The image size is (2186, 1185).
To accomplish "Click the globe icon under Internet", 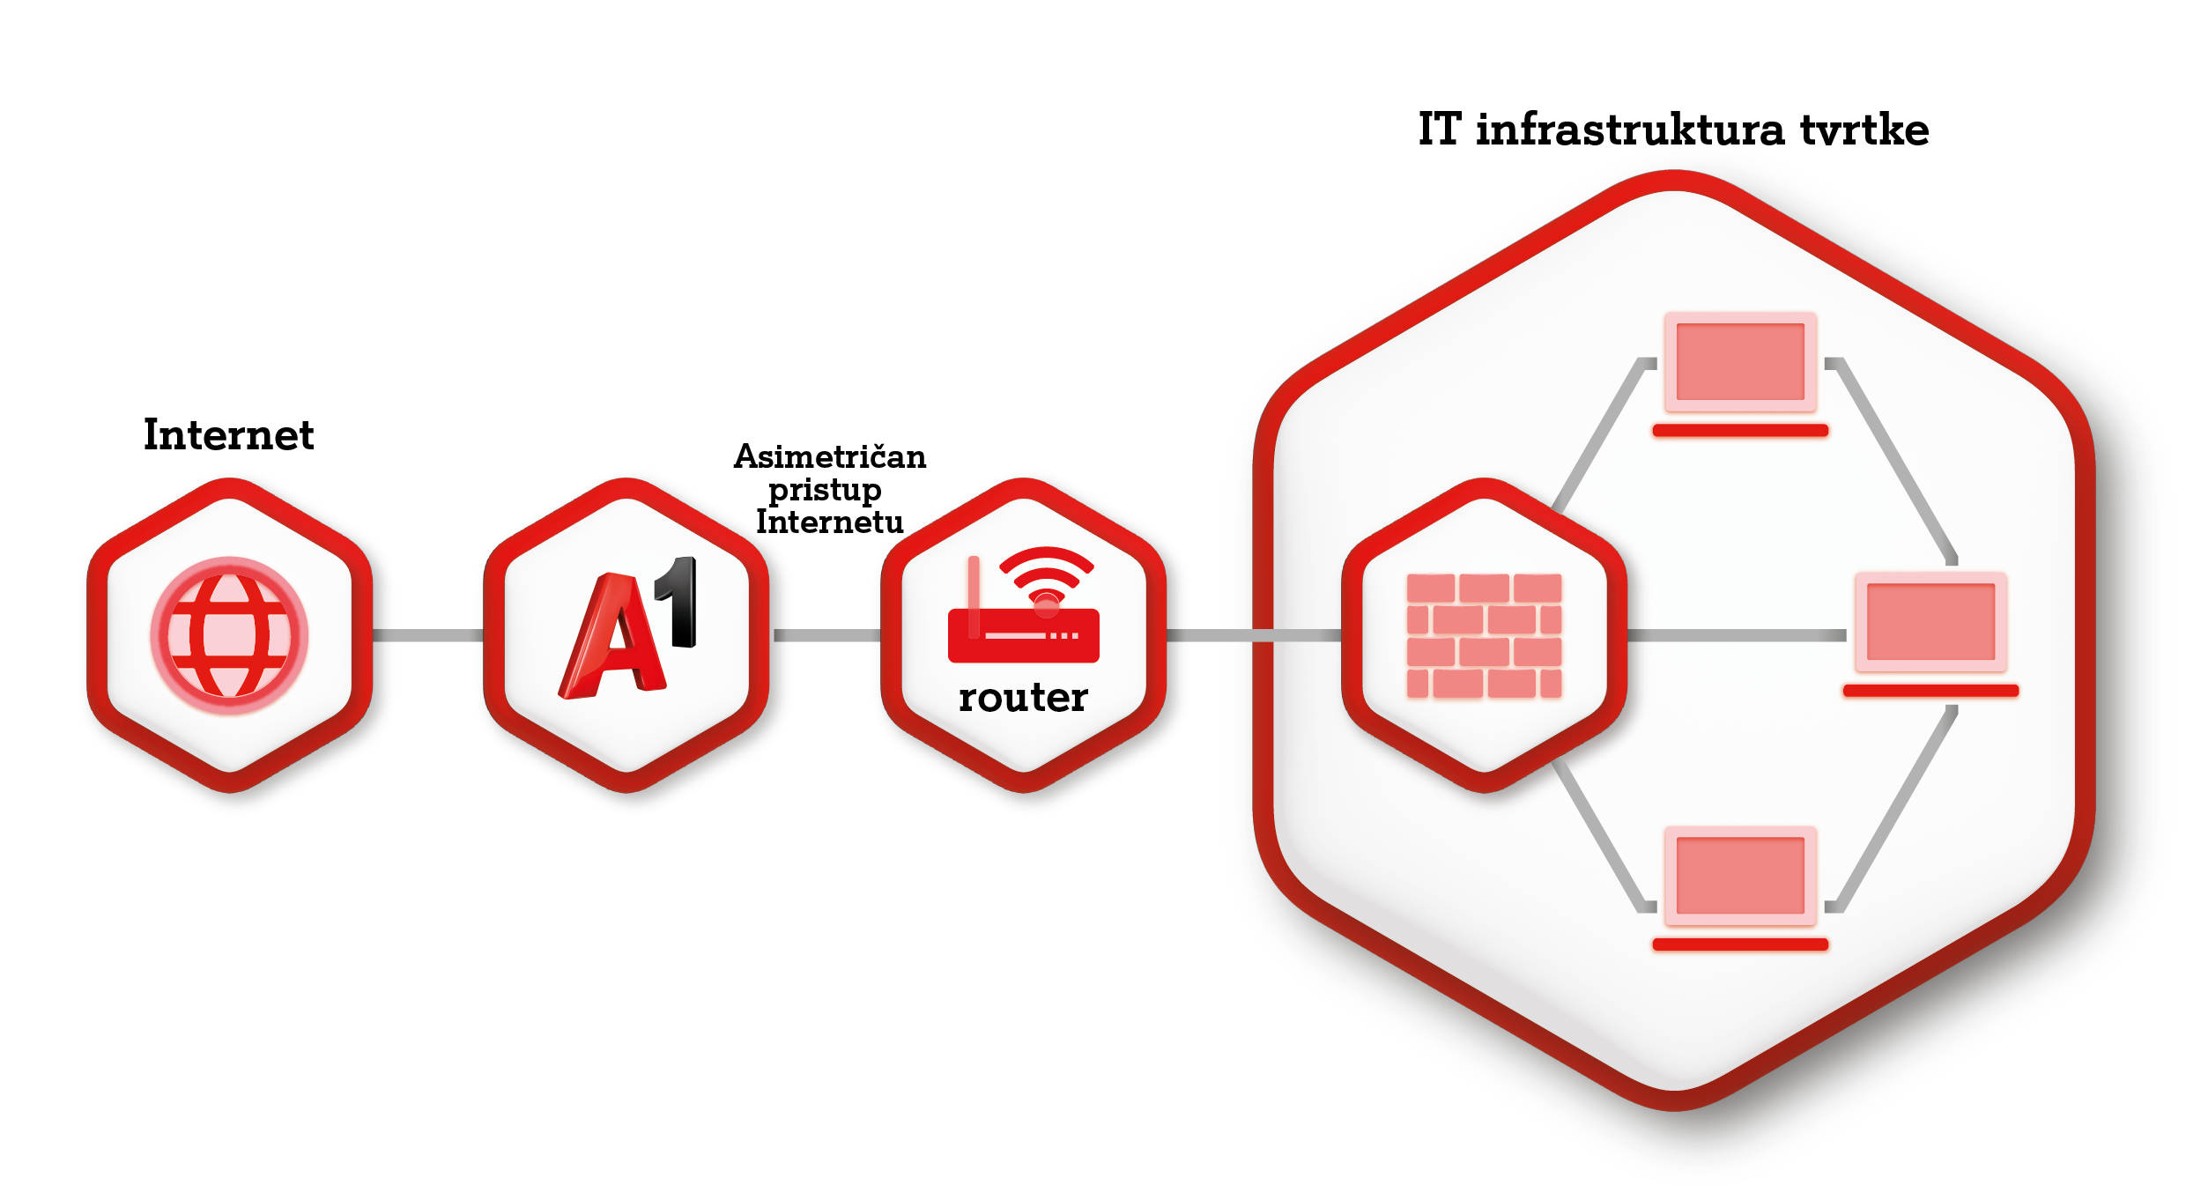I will [229, 634].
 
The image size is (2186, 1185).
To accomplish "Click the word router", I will [1023, 698].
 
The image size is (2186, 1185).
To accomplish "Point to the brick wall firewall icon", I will [1484, 635].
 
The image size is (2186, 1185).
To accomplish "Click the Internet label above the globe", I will [228, 435].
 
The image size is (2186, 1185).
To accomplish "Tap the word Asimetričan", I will [830, 456].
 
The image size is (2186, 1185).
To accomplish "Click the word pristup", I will [825, 490].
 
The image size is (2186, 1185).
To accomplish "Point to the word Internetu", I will [829, 522].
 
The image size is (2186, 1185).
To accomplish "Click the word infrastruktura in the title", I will [1630, 130].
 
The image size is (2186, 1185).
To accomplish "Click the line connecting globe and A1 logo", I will [427, 635].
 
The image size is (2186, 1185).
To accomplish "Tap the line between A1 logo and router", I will [826, 635].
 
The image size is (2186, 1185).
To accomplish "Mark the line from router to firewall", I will [1251, 635].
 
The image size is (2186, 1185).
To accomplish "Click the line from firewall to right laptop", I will [1736, 635].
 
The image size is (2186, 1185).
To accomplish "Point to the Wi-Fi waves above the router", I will [1047, 568].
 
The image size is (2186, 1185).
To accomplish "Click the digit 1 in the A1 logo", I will [680, 602].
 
